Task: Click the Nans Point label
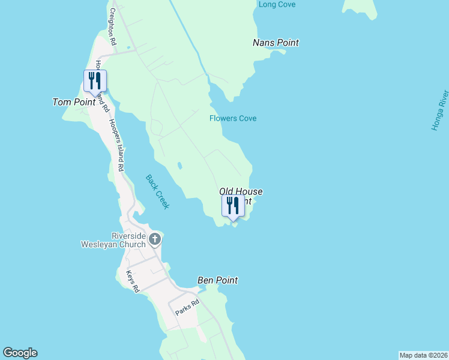click(x=276, y=43)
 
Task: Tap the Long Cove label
click(x=277, y=5)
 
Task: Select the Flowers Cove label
click(x=233, y=118)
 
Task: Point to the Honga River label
click(x=440, y=110)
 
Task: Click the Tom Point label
click(x=74, y=102)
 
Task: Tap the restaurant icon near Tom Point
click(x=95, y=81)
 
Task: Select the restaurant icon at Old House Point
click(x=233, y=206)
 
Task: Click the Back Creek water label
click(x=158, y=191)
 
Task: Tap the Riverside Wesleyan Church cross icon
click(x=155, y=240)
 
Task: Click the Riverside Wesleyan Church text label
click(x=114, y=240)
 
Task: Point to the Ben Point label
click(x=217, y=280)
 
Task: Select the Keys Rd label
click(x=133, y=281)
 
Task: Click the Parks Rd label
click(x=186, y=308)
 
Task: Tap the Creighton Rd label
click(x=112, y=27)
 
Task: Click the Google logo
click(x=20, y=353)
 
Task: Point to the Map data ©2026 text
click(x=423, y=355)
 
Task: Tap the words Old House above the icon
click(x=241, y=191)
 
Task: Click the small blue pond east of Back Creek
click(x=179, y=166)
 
